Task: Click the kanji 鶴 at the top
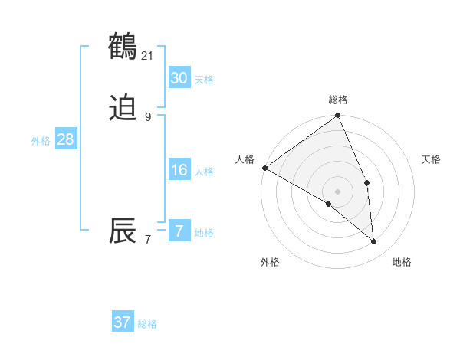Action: point(123,47)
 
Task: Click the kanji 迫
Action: point(123,109)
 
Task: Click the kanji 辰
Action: point(123,231)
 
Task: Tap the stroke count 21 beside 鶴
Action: point(148,55)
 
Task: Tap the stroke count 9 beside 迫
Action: point(148,116)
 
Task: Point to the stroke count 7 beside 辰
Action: point(148,239)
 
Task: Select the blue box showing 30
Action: point(179,78)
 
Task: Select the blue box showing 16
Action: point(179,170)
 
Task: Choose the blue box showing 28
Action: point(65,139)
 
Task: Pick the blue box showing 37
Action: point(123,322)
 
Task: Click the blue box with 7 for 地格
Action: point(179,231)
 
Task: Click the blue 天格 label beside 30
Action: point(204,80)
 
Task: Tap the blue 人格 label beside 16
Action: point(204,172)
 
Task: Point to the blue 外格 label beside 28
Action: point(41,141)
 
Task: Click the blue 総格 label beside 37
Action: point(148,324)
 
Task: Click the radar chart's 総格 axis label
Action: point(338,100)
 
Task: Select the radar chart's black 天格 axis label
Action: point(432,159)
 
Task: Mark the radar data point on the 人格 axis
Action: point(264,168)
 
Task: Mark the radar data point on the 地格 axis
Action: point(374,241)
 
